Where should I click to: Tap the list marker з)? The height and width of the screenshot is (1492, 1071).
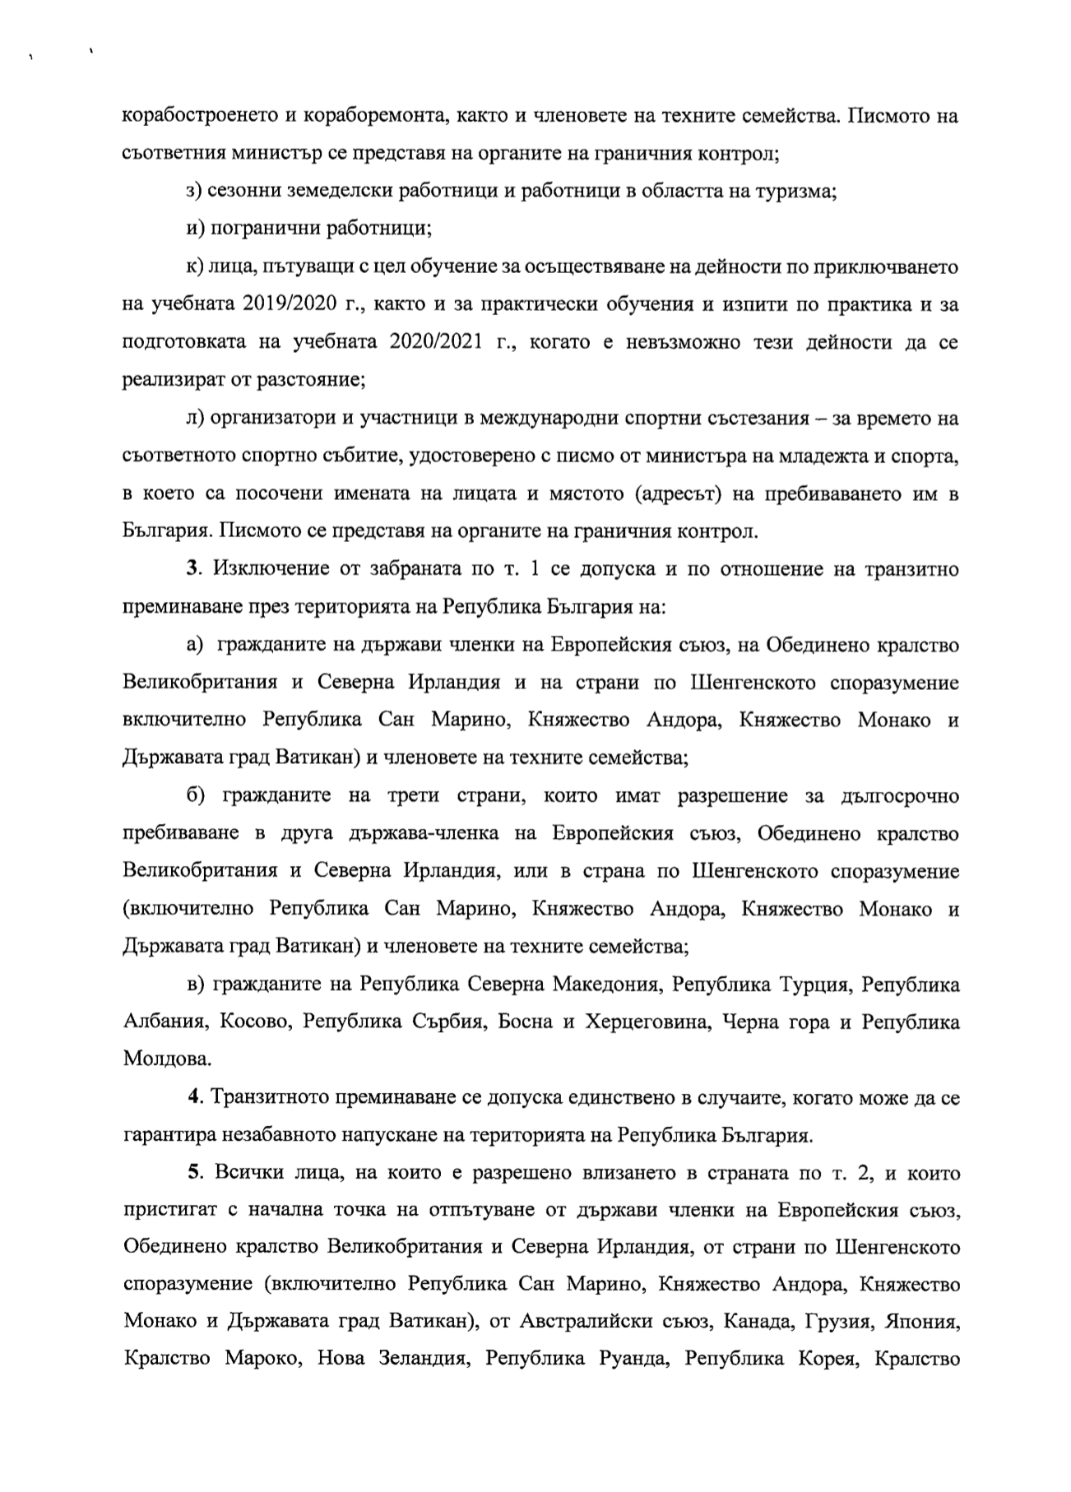click(194, 192)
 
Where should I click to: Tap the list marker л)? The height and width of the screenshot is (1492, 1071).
click(195, 419)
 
